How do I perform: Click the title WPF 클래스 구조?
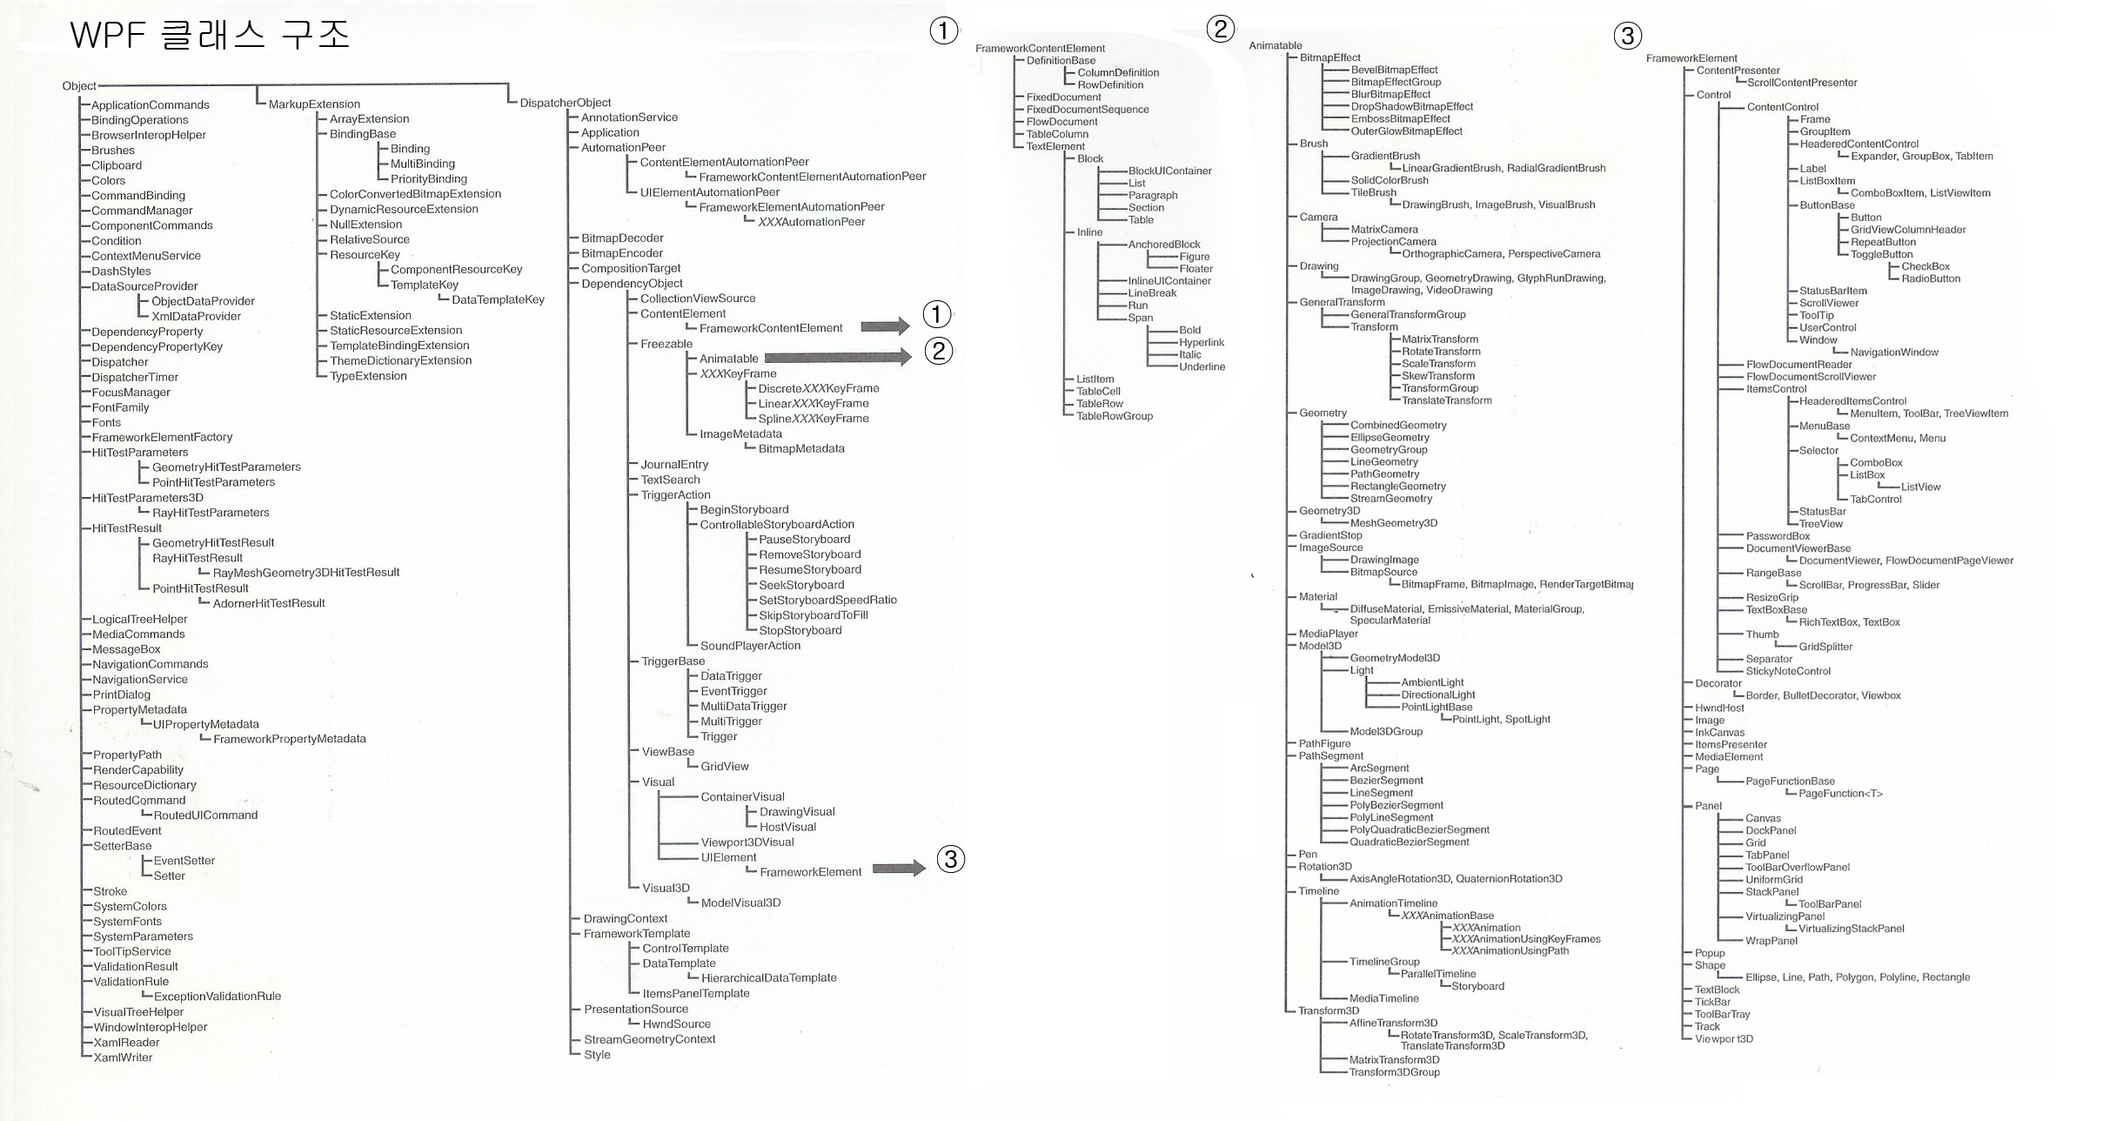click(209, 36)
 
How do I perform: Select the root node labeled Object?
click(79, 85)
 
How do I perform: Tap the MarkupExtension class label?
click(314, 104)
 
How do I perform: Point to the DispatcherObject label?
click(566, 103)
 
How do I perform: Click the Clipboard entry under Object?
click(117, 165)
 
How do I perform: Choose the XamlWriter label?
click(123, 1057)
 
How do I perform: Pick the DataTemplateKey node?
click(498, 299)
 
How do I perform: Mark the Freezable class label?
click(666, 344)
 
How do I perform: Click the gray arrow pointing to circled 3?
click(899, 868)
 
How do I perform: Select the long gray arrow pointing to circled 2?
click(837, 357)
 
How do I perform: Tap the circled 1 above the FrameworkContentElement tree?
click(943, 31)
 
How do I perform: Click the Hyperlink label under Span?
click(1202, 342)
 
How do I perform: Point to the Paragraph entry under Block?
click(1153, 195)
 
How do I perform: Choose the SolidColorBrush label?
click(1390, 180)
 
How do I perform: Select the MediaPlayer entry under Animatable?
click(1329, 634)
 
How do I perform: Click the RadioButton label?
click(1931, 279)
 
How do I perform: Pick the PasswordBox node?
click(1778, 536)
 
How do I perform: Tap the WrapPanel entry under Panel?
click(1771, 941)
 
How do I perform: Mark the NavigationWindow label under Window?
click(1894, 352)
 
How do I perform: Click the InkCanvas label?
click(1719, 732)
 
